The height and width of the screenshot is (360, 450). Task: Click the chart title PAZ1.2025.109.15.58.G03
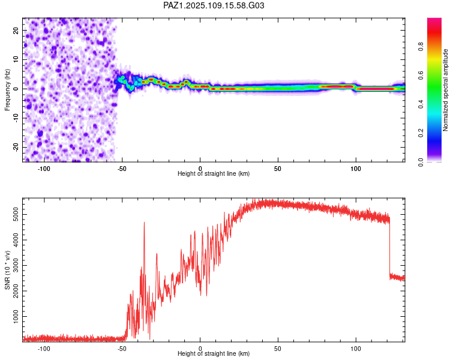click(214, 5)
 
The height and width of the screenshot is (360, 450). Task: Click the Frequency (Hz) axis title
click(7, 90)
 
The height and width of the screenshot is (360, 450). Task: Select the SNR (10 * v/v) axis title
click(7, 271)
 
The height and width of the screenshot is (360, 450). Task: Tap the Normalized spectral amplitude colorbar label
click(445, 90)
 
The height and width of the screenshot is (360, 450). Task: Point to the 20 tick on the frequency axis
click(16, 31)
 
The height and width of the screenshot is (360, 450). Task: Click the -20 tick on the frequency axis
click(16, 147)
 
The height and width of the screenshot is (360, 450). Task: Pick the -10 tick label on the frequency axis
click(16, 118)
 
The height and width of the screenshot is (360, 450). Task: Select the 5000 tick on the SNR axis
click(16, 214)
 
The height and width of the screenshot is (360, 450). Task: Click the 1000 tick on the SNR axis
click(16, 316)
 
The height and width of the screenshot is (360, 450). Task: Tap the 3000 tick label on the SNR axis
click(16, 266)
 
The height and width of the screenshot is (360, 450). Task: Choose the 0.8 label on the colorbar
click(421, 47)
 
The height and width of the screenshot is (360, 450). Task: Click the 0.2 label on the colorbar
click(421, 133)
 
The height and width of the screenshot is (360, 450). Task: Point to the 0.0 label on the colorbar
click(421, 162)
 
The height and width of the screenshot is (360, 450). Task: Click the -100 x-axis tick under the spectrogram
click(44, 169)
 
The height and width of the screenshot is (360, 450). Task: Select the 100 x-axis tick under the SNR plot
click(356, 349)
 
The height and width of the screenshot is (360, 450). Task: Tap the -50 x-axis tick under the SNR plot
click(122, 349)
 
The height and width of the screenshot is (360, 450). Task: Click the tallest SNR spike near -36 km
click(144, 223)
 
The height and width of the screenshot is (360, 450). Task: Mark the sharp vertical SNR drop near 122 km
click(390, 248)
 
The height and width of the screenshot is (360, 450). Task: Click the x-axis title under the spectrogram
click(214, 173)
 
